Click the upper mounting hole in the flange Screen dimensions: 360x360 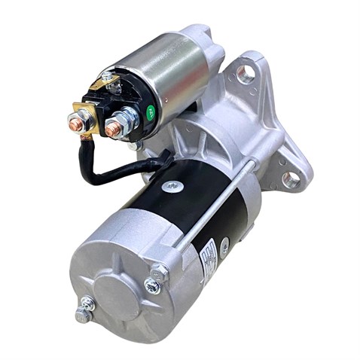pos(245,74)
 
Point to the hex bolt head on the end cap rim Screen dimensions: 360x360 pos(159,273)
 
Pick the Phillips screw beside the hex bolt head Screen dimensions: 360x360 pos(152,287)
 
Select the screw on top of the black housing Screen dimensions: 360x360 pos(172,185)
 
